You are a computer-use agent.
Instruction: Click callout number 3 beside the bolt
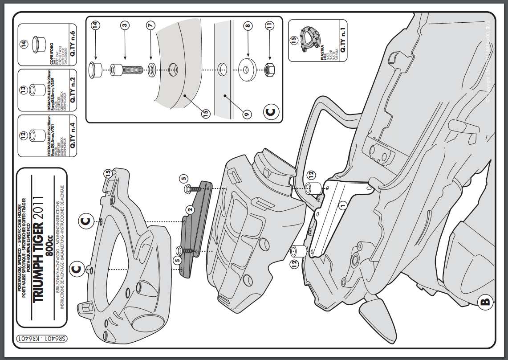click(125, 26)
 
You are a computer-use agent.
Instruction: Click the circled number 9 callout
click(245, 114)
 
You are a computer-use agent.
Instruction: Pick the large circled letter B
click(485, 303)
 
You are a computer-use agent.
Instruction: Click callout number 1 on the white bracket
click(342, 205)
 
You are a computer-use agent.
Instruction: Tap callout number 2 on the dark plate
click(190, 209)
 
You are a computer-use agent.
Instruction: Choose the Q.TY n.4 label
click(73, 135)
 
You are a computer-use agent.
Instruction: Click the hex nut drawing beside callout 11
click(269, 70)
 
